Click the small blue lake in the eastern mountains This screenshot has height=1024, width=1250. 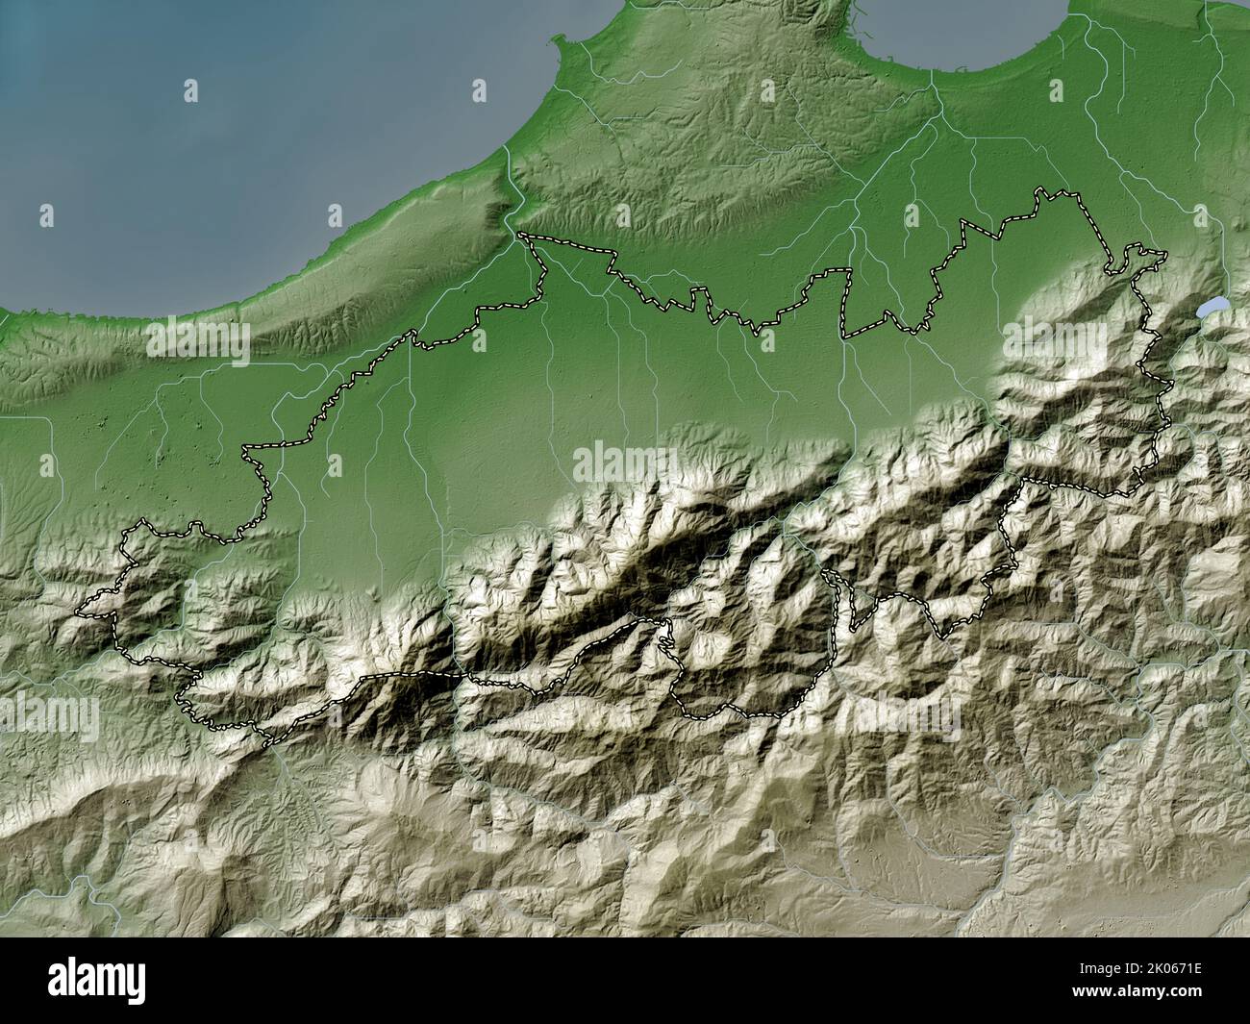[1212, 309]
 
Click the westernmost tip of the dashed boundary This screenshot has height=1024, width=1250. [79, 612]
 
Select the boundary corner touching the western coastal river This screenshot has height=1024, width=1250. [520, 234]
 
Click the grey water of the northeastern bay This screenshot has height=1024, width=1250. [962, 29]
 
